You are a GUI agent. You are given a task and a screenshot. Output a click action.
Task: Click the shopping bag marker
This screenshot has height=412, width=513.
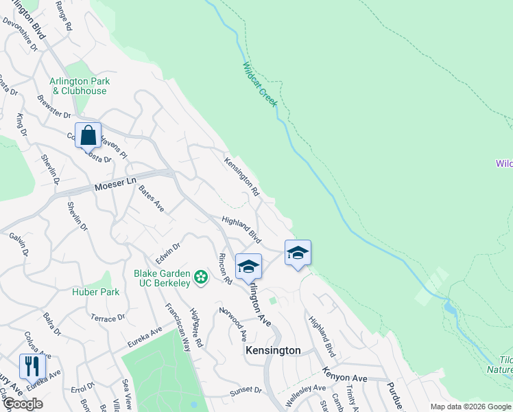(88, 135)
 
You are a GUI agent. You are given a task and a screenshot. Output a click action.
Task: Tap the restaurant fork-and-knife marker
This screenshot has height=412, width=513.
(32, 366)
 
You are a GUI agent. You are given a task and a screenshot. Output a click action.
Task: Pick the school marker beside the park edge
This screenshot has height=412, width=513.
(298, 253)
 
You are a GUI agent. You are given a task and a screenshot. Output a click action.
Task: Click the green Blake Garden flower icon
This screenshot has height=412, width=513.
(201, 277)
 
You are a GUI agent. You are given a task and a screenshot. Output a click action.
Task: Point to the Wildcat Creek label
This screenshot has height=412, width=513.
(259, 84)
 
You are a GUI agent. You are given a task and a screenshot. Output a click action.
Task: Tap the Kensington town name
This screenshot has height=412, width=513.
(273, 350)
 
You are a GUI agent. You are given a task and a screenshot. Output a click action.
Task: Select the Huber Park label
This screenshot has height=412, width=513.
(96, 292)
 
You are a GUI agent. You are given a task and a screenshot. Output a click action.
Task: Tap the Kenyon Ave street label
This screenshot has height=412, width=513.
(345, 378)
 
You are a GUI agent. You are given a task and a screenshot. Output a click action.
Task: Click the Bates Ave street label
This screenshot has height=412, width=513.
(151, 198)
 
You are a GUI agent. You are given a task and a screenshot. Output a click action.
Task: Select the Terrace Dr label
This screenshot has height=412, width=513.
(108, 318)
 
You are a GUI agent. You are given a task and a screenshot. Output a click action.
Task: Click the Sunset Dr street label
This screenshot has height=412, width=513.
(246, 389)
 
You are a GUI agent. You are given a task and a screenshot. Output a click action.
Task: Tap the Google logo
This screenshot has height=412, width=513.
(23, 404)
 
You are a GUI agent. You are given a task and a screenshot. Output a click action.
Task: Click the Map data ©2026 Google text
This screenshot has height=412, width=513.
(470, 407)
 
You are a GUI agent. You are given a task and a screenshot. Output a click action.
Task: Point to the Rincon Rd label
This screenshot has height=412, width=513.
(225, 269)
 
